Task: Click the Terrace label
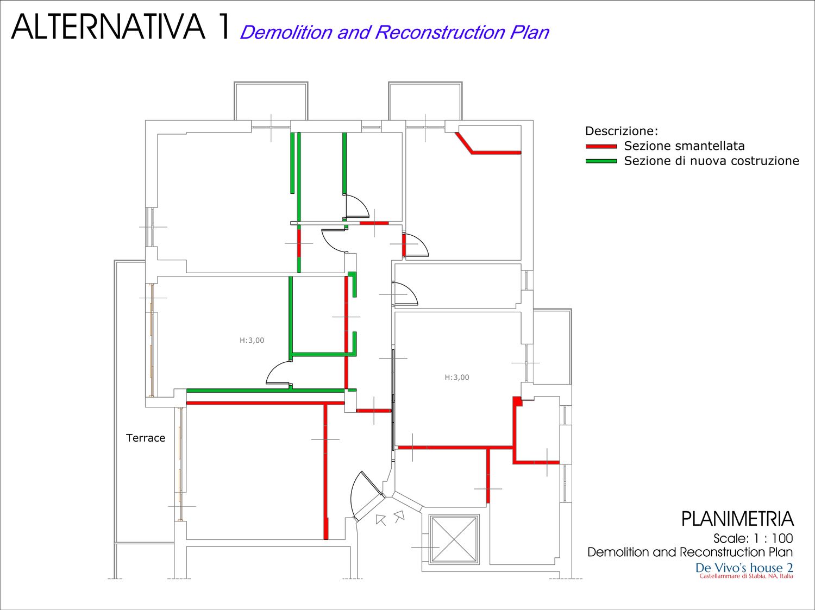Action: tap(146, 438)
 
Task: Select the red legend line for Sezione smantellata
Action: tap(601, 147)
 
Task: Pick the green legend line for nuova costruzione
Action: tap(601, 161)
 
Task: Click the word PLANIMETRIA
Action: tap(737, 519)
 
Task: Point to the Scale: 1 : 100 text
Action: tap(753, 538)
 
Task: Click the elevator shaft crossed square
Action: tap(454, 539)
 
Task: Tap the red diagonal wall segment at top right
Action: tap(464, 143)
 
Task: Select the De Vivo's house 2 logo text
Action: tap(744, 568)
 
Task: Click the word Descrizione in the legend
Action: tap(621, 131)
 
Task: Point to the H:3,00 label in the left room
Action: tap(252, 340)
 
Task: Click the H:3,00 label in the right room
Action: tap(457, 378)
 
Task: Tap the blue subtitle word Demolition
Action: tap(286, 32)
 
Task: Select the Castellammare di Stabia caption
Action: tap(746, 576)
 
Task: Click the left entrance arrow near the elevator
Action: tap(380, 519)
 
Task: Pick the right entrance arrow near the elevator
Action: tap(399, 516)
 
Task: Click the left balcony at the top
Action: tap(271, 101)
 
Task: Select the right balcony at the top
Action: tap(425, 101)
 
